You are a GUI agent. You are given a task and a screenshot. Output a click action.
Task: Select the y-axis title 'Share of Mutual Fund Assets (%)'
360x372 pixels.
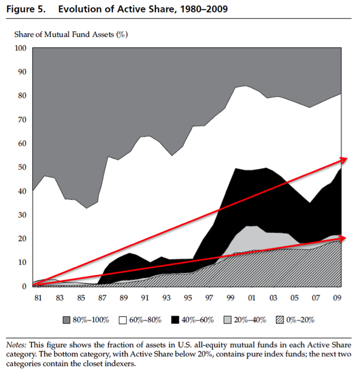71,34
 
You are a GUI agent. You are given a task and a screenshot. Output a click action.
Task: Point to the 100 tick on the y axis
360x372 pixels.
21,48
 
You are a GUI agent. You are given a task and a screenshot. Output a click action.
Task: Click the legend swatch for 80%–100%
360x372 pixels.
67,320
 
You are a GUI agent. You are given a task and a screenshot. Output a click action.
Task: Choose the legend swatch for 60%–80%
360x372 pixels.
122,320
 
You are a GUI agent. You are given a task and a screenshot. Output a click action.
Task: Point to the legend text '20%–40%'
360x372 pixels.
253,320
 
